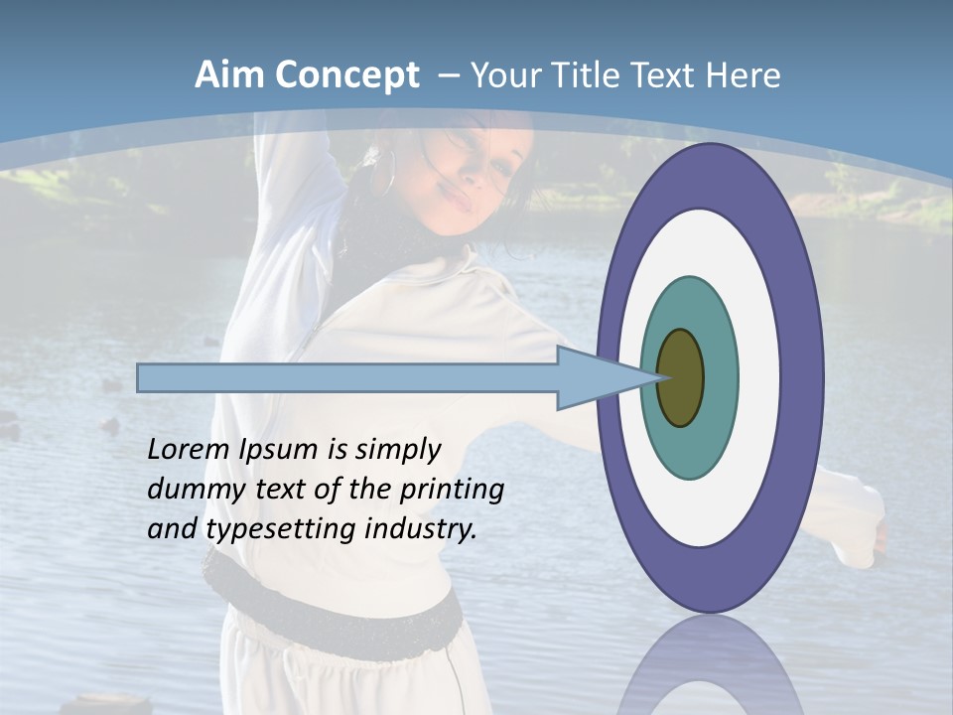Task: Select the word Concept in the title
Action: (x=346, y=75)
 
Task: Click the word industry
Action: (x=421, y=528)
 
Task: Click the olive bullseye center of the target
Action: (x=681, y=378)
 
